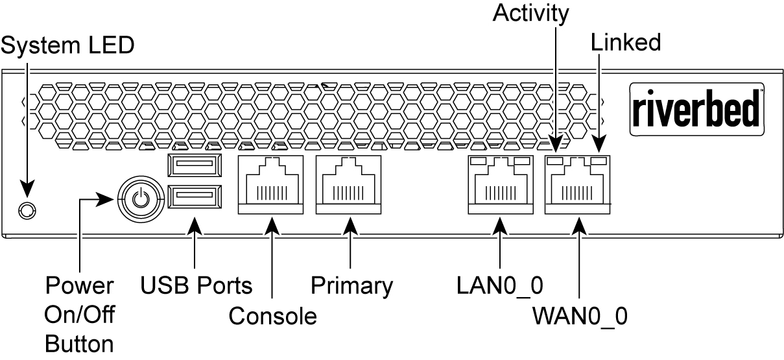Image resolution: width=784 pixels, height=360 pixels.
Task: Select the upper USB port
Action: coord(194,166)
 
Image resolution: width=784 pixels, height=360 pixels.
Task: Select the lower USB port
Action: coord(194,197)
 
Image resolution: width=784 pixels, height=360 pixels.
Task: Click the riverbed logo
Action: coord(696,108)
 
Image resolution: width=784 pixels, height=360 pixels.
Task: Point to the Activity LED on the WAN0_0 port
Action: coord(554,160)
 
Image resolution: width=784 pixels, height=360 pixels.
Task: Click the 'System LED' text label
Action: coord(68,45)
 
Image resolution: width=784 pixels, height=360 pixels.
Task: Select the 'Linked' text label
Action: coord(626,43)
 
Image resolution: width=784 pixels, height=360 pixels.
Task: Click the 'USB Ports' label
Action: coord(196,285)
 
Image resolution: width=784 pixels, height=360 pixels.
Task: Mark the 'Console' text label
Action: coord(272,316)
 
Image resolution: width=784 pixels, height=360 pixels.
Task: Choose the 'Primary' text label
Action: coord(351,285)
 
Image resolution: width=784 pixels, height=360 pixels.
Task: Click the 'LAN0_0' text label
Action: coord(501,285)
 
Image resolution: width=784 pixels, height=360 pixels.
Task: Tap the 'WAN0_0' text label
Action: coord(580,317)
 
